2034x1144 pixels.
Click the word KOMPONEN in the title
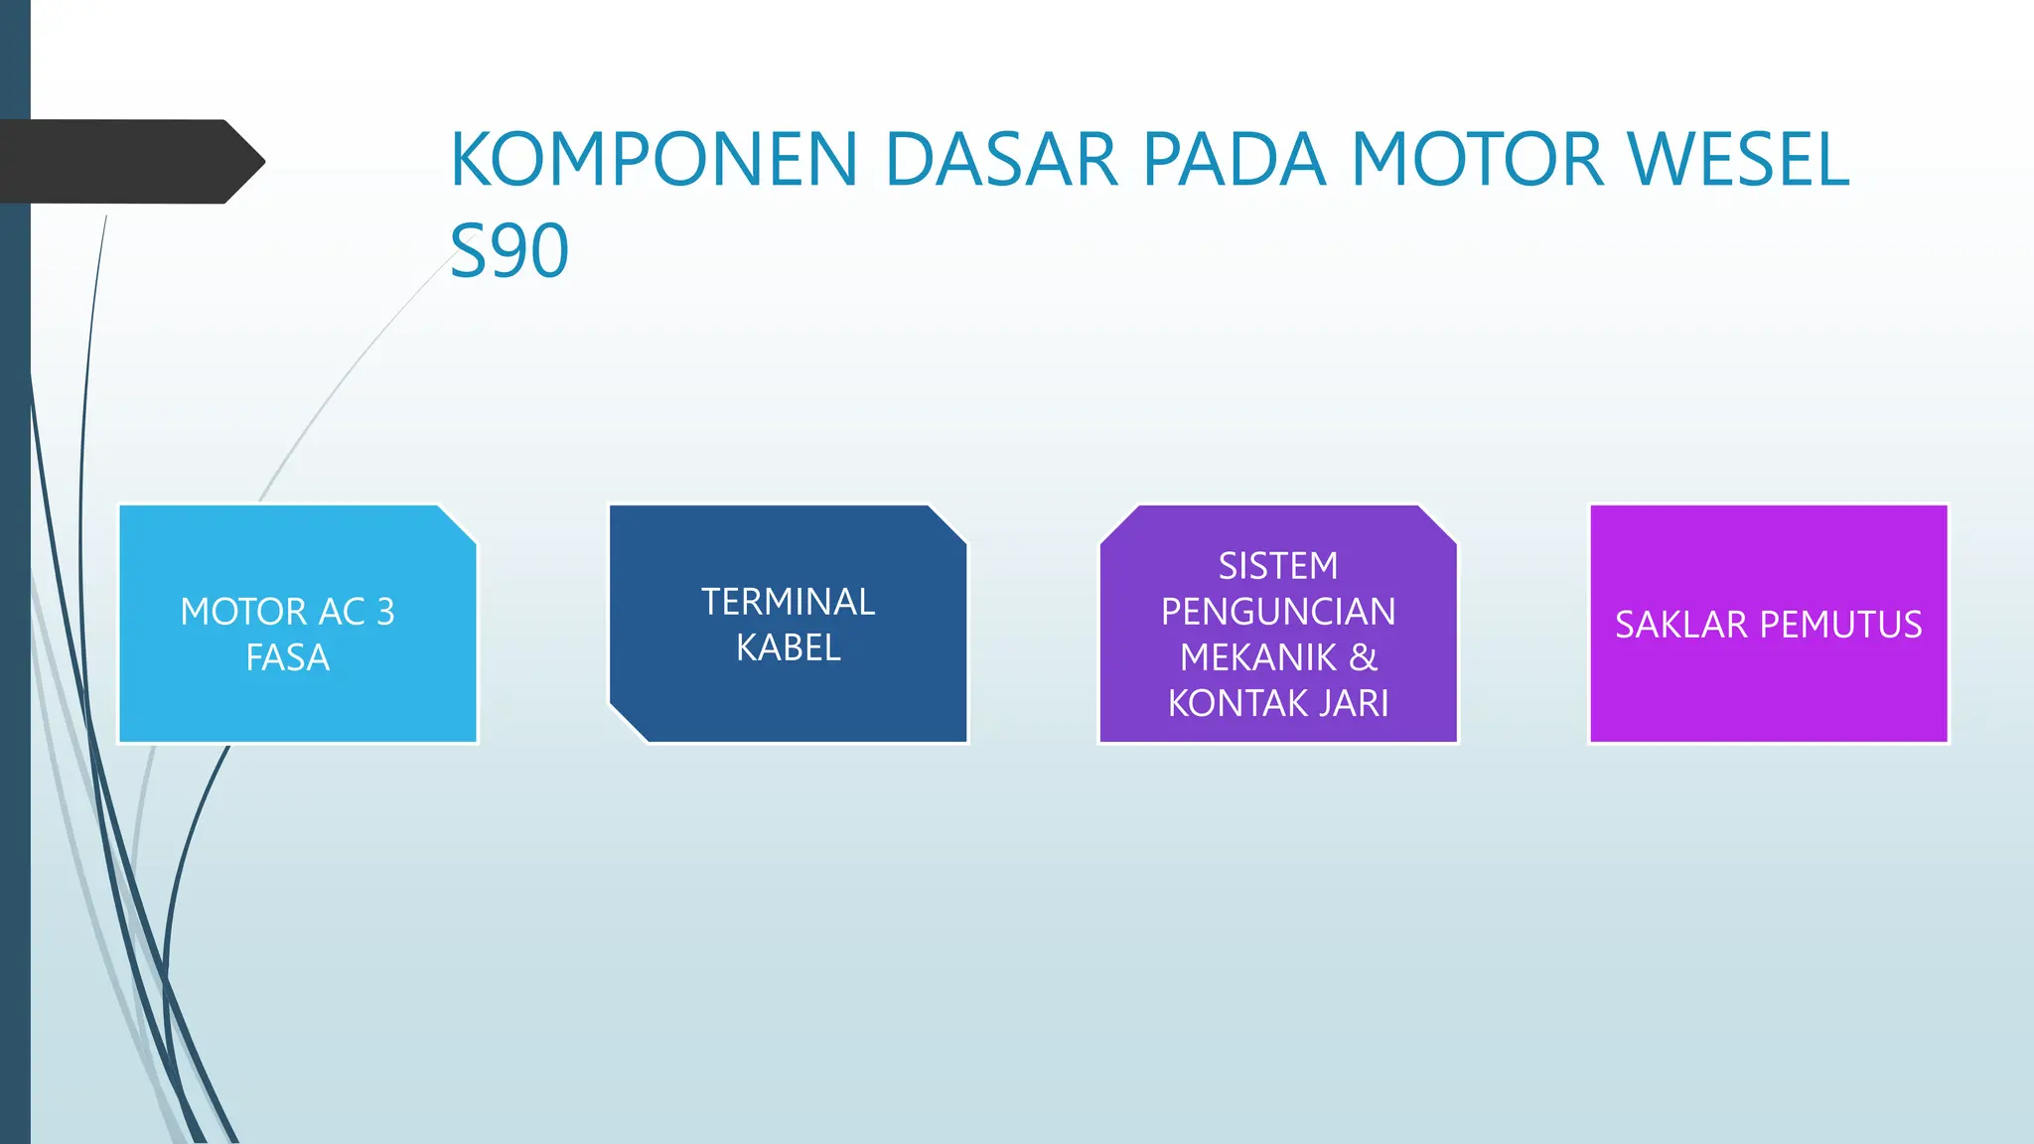(654, 160)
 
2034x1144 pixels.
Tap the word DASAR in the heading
(1002, 160)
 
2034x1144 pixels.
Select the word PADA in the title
(1235, 160)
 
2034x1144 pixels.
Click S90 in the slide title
(509, 251)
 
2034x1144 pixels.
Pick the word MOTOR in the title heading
(1477, 160)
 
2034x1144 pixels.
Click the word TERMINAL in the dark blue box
(788, 602)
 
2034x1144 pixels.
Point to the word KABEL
(788, 648)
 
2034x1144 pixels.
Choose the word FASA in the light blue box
(287, 657)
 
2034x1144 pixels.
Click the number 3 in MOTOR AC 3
(385, 612)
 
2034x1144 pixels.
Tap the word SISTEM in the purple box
(1278, 566)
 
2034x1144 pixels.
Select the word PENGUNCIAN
(1278, 612)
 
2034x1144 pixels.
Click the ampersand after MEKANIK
(1363, 657)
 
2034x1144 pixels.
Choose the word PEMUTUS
(1840, 625)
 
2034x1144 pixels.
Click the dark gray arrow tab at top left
(129, 162)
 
